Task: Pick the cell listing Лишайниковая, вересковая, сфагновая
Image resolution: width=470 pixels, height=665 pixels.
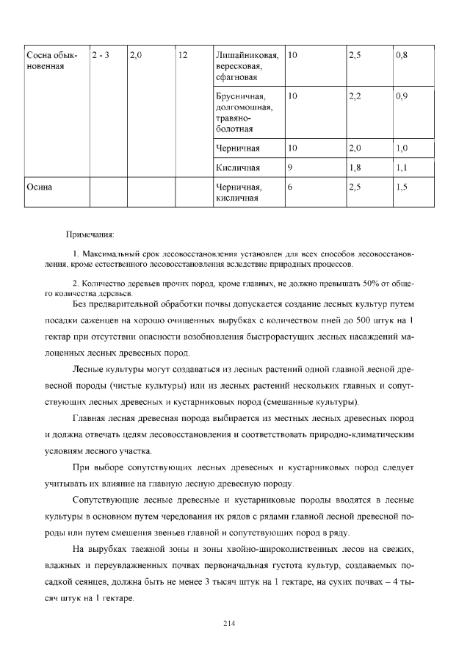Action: point(247,67)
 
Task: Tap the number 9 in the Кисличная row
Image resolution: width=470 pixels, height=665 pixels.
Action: point(291,168)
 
